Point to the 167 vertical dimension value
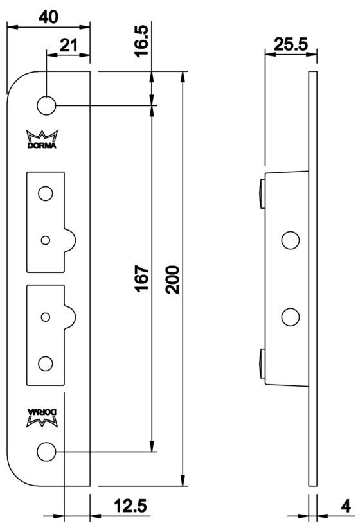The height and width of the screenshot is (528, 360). click(x=142, y=277)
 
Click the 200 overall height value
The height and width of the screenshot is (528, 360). click(x=172, y=277)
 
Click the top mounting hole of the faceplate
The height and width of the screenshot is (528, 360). click(x=46, y=105)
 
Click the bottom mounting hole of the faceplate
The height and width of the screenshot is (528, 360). click(x=46, y=451)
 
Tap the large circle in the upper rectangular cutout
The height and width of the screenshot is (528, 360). click(x=44, y=193)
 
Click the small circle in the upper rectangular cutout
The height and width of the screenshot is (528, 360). click(x=44, y=240)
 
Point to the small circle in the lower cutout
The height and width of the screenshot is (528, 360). click(x=44, y=317)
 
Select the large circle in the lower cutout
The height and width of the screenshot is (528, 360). click(x=44, y=363)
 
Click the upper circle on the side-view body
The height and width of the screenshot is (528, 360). click(x=291, y=240)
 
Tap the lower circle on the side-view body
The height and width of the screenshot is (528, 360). click(x=291, y=317)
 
